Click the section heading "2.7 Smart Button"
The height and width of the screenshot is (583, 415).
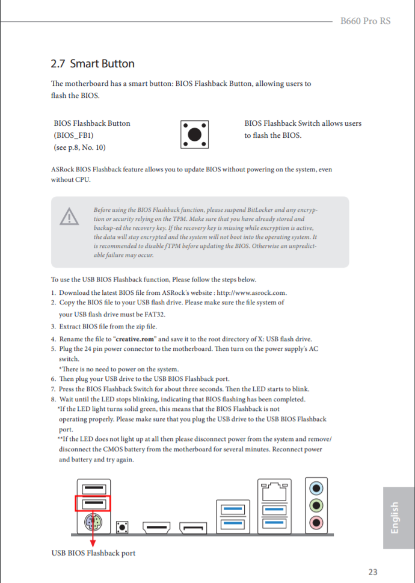point(93,64)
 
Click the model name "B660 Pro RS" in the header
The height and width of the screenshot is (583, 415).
point(365,21)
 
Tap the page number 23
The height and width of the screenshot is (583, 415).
point(372,572)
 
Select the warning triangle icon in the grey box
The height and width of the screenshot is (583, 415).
point(69,217)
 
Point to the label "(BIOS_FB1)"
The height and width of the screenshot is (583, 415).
point(73,135)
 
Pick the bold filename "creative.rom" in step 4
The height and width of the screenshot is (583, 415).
point(135,339)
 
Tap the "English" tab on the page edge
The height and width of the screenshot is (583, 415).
point(395,517)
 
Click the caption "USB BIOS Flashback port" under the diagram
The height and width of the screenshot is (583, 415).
point(93,553)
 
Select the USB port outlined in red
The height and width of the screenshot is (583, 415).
point(93,503)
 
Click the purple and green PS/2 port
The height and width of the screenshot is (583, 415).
point(93,522)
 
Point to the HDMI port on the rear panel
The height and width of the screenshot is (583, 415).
point(157,528)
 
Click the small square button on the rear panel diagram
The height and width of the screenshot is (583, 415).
point(123,528)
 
